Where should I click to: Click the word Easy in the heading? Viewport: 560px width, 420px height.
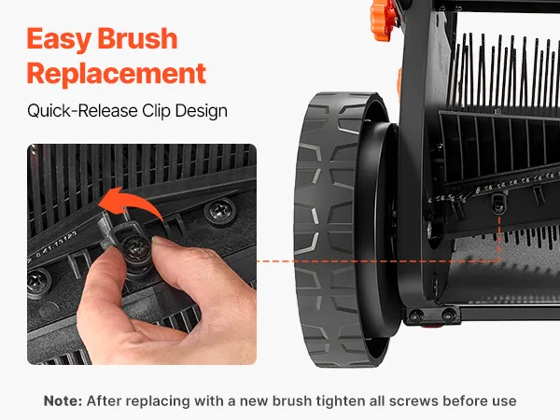click(58, 38)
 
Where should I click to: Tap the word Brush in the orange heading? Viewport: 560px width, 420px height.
click(137, 38)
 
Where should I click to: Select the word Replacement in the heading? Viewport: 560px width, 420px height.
click(117, 75)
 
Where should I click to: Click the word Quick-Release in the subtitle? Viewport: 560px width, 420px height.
click(82, 111)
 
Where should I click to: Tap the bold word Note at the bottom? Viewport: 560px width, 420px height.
click(63, 400)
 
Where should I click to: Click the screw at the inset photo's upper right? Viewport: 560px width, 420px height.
click(219, 210)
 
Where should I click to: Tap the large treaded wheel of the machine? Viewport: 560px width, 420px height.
click(343, 230)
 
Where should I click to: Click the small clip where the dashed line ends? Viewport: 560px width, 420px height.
click(498, 203)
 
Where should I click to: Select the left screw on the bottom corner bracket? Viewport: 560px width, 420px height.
click(416, 315)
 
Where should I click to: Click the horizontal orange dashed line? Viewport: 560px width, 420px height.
click(378, 261)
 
